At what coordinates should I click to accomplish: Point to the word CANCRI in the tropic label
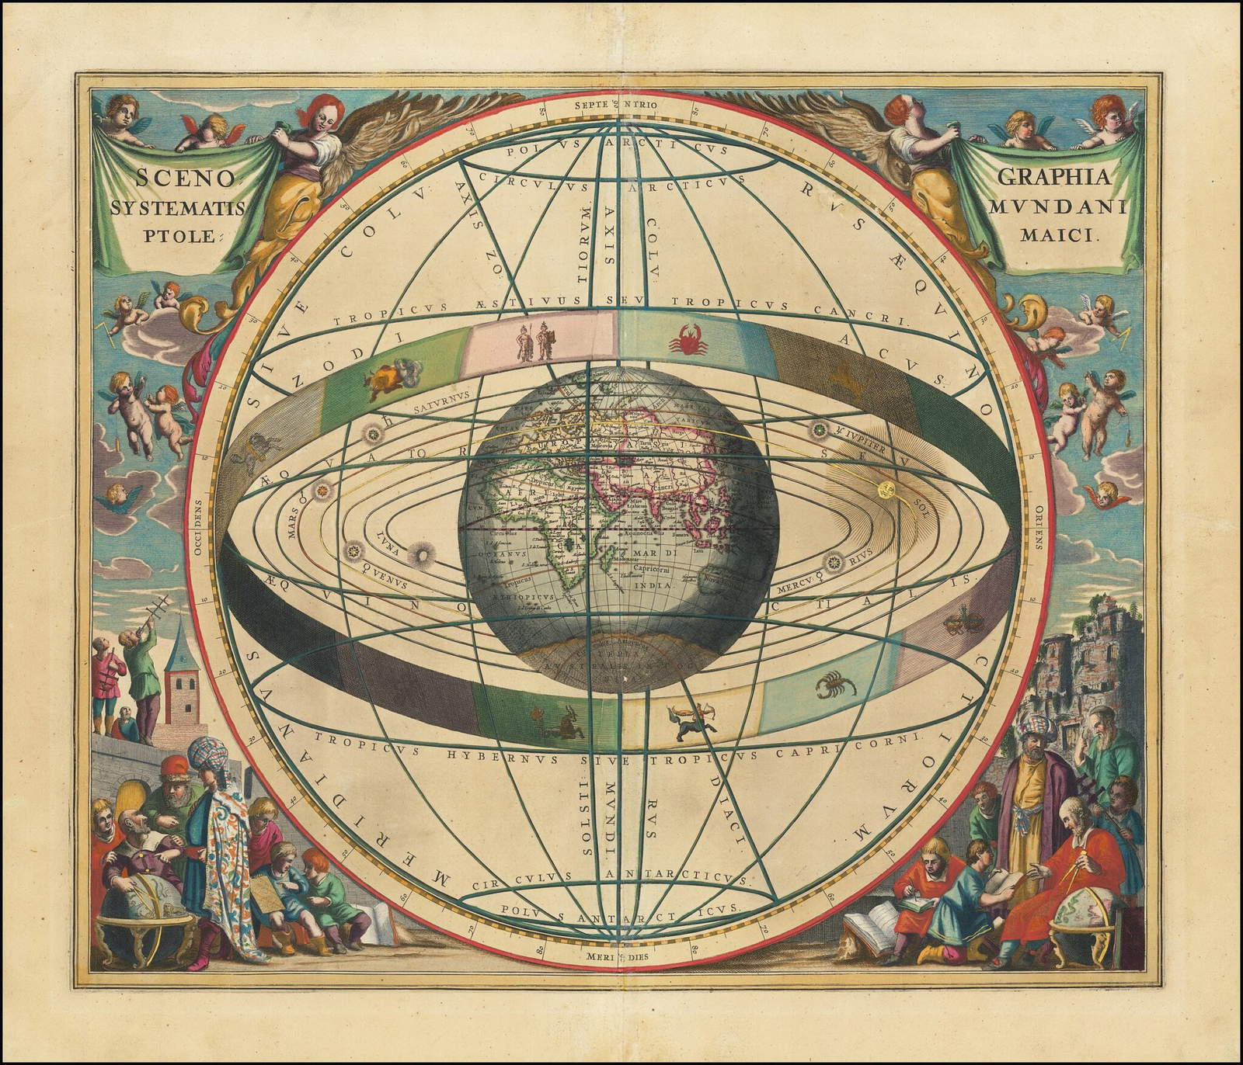click(x=872, y=317)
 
